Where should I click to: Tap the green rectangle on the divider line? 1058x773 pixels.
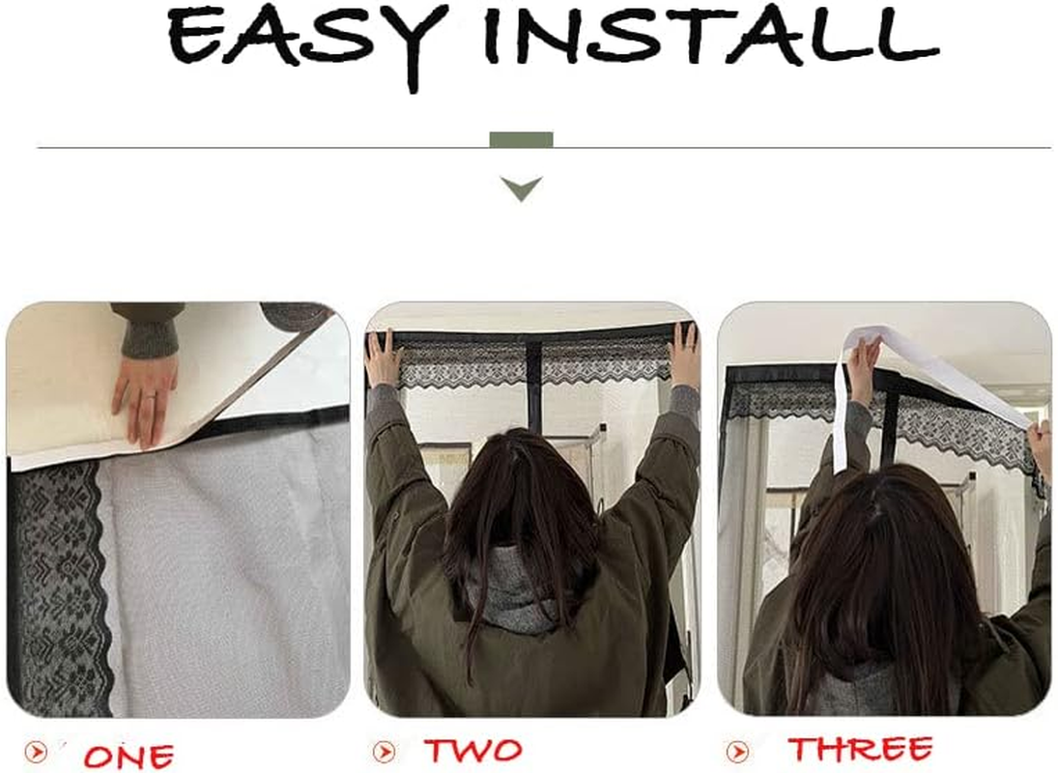[x=521, y=140]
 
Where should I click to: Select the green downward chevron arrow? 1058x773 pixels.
[x=522, y=187]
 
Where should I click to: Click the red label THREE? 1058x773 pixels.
[x=860, y=750]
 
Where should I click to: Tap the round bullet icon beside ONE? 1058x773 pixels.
[x=36, y=752]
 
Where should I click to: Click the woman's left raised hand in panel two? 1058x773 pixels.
[x=383, y=358]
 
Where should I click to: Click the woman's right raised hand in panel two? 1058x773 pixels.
[x=685, y=354]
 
